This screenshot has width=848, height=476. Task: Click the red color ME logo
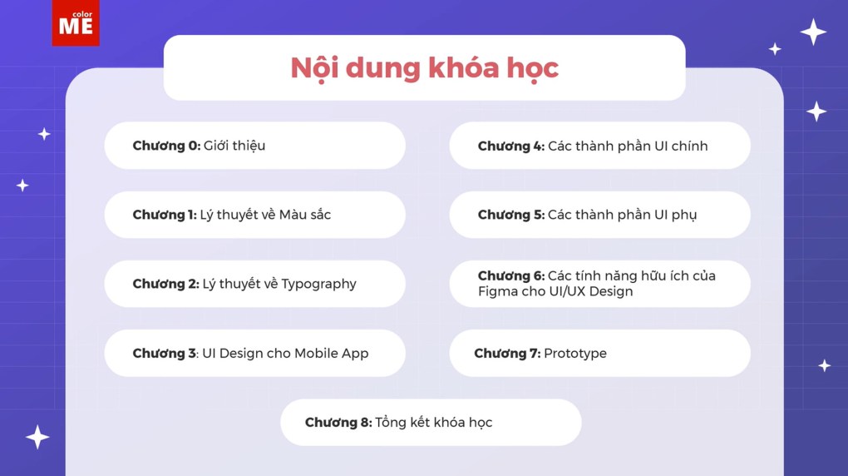[76, 23]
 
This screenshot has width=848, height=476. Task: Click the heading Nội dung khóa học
[424, 68]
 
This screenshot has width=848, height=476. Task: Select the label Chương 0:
[166, 146]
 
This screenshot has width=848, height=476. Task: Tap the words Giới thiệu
[234, 146]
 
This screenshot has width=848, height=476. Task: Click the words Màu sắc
[305, 215]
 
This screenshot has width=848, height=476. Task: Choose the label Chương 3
[164, 353]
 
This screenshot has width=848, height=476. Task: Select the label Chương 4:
[510, 146]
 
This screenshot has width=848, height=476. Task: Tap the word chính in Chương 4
[688, 146]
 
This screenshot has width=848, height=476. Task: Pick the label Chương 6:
[510, 276]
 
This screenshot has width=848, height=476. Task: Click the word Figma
[497, 291]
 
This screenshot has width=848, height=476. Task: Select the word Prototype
[575, 353]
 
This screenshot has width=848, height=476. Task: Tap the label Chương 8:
[338, 422]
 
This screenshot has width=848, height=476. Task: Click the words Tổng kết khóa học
[434, 422]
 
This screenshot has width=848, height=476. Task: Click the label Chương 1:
[165, 215]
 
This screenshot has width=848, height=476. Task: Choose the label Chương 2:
[165, 284]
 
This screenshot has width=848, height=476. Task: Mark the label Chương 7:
[507, 353]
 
